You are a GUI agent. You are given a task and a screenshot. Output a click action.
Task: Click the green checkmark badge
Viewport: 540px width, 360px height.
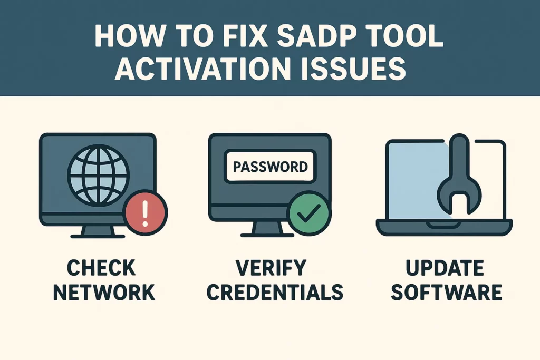click(308, 213)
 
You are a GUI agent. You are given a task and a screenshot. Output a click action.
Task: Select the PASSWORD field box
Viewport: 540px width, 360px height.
click(270, 167)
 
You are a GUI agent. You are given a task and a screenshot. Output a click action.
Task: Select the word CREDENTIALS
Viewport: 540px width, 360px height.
click(271, 291)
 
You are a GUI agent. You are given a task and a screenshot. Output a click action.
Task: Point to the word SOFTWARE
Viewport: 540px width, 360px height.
click(445, 291)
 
